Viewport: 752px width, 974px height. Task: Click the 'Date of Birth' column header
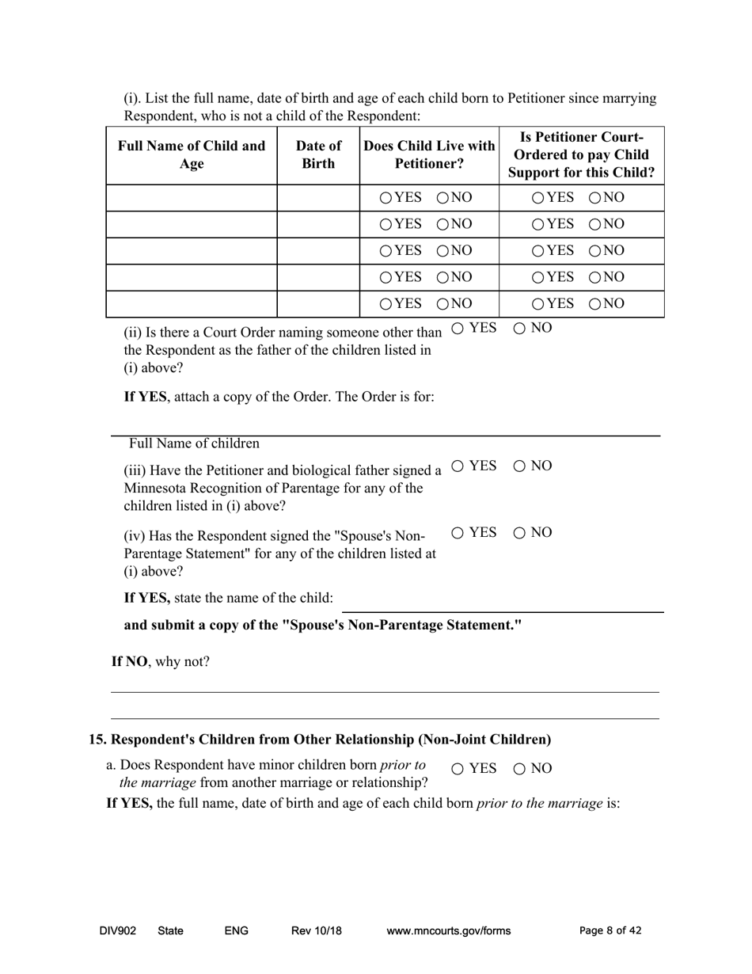(x=318, y=155)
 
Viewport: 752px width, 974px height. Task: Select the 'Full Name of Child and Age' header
(x=192, y=155)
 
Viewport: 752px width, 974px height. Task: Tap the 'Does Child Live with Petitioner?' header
(x=429, y=155)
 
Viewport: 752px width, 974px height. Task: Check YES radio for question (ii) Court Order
(x=458, y=329)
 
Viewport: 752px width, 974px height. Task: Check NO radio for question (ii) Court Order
(x=520, y=329)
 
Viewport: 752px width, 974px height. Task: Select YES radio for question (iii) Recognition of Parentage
(x=458, y=466)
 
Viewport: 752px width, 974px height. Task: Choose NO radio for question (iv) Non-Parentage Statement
(x=520, y=533)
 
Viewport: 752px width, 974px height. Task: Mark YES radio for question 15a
(x=458, y=768)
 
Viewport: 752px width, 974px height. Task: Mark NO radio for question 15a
(x=520, y=768)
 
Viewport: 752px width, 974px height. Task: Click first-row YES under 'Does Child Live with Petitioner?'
(x=385, y=198)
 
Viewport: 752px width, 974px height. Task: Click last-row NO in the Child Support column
(x=595, y=304)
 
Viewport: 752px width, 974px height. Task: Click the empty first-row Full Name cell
(x=192, y=198)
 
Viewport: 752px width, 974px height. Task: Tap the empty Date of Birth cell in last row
(x=318, y=304)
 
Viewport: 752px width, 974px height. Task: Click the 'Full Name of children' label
(x=194, y=443)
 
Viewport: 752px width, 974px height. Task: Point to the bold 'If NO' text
(x=128, y=662)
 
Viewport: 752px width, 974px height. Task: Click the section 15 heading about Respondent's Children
(x=320, y=740)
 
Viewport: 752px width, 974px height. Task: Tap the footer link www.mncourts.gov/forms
(x=448, y=931)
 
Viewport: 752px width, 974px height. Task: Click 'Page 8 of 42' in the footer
(x=610, y=931)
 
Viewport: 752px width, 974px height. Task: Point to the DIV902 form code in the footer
(x=118, y=931)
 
